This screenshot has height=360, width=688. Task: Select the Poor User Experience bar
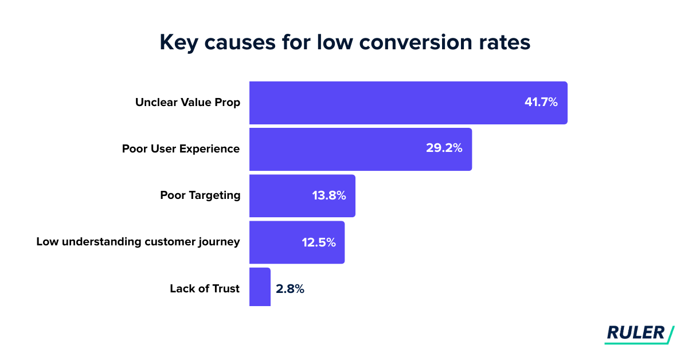333,149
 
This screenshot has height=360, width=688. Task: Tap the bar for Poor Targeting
281,195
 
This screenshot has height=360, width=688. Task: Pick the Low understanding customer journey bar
275,242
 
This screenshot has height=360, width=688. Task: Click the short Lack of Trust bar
260,287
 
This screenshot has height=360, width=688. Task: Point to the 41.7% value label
541,103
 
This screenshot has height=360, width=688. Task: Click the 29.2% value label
444,149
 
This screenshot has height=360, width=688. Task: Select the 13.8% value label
329,195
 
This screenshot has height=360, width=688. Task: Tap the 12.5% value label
319,242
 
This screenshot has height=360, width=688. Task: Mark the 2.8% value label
290,289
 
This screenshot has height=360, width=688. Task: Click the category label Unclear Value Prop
187,103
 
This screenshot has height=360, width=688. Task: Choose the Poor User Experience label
181,149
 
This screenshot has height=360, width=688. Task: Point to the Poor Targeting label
200,195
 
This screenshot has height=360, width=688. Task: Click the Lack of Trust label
204,289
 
